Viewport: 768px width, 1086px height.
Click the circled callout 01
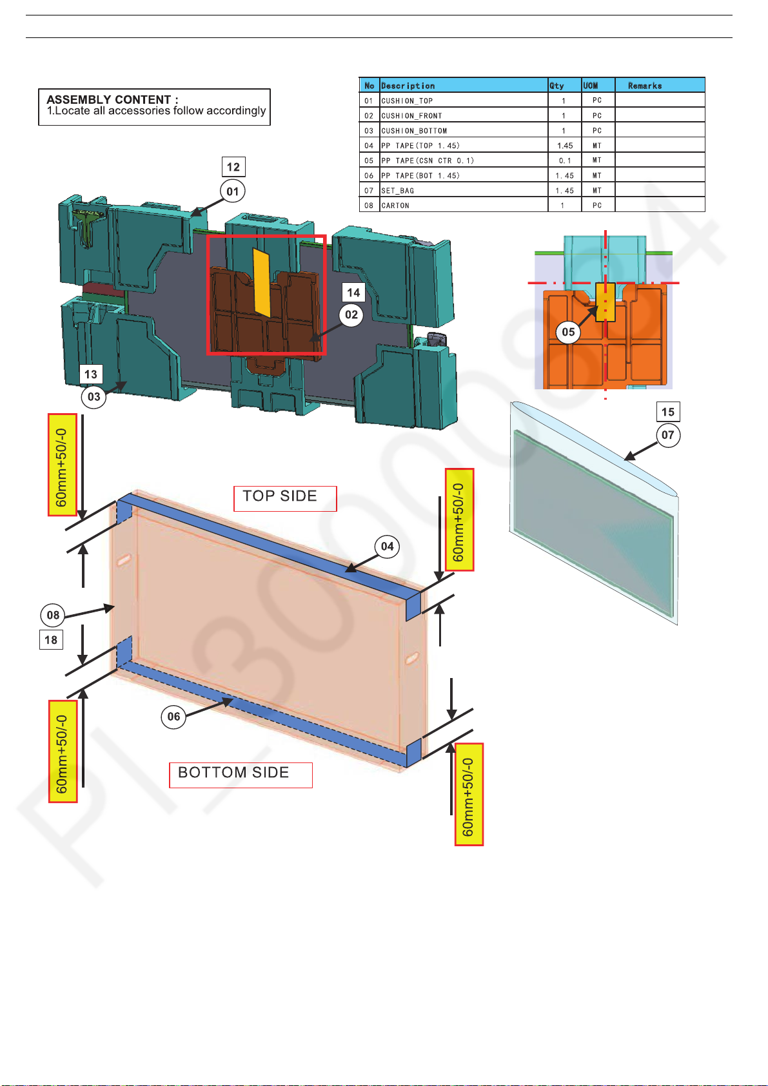[x=233, y=191]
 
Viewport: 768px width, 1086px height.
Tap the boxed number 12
[x=233, y=167]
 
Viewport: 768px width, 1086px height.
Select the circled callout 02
[x=351, y=315]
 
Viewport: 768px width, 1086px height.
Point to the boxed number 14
[x=353, y=293]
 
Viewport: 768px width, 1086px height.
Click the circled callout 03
[x=94, y=396]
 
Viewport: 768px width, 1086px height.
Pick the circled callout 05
[x=568, y=332]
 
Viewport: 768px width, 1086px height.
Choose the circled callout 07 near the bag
[x=668, y=435]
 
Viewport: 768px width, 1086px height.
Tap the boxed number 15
[x=668, y=412]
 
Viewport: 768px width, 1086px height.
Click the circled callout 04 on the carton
[x=387, y=547]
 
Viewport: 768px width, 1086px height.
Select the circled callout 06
[x=173, y=716]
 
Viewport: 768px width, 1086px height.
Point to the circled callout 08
[x=53, y=615]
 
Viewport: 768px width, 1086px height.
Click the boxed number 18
[x=51, y=640]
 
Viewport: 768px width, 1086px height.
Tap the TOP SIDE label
[x=280, y=496]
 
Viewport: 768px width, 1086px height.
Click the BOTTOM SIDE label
[x=233, y=773]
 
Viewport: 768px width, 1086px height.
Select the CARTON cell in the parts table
[x=395, y=206]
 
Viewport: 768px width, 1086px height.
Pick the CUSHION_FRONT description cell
[x=411, y=116]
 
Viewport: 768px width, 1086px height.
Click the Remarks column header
[x=645, y=86]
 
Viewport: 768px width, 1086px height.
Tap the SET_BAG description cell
[x=398, y=191]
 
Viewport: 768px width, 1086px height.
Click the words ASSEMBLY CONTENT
[x=109, y=99]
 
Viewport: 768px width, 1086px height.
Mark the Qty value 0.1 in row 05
[x=565, y=160]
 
